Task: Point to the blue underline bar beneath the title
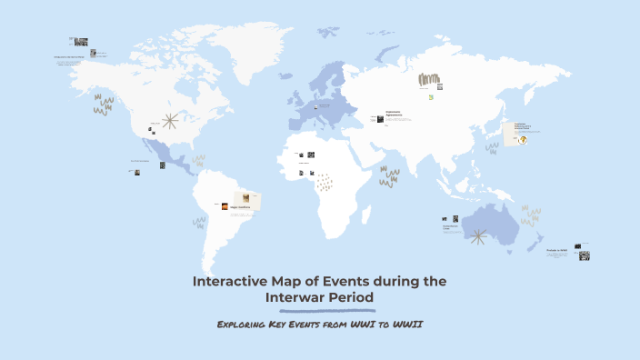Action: click(319, 309)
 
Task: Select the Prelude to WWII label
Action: click(557, 249)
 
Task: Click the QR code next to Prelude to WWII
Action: click(584, 255)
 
